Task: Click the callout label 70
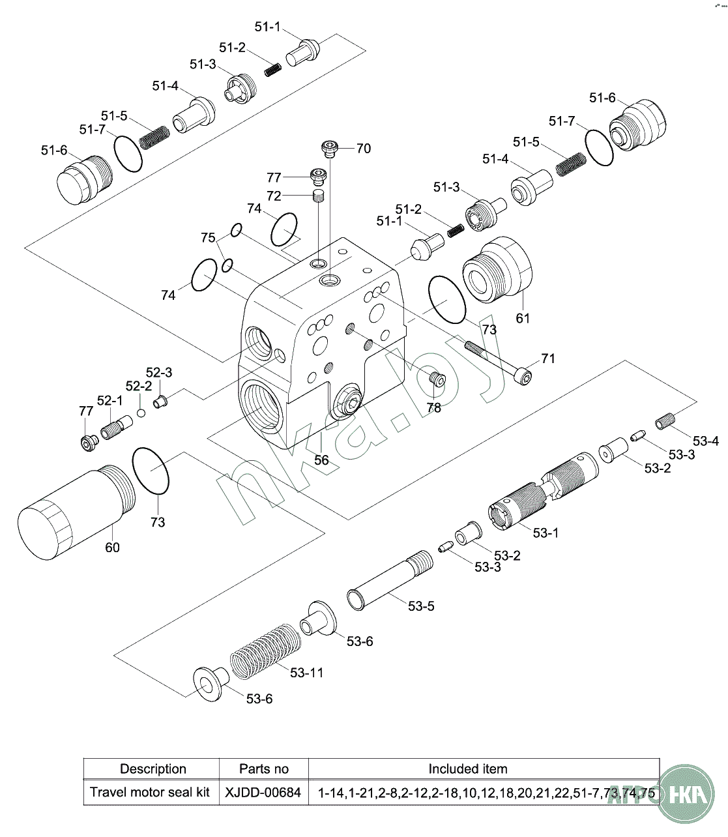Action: pos(363,149)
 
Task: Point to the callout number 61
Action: pos(523,318)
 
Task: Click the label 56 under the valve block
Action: pos(321,460)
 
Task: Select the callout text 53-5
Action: pos(421,606)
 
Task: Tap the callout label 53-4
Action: pos(706,441)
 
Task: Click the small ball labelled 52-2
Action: pos(141,413)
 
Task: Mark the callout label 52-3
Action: pos(158,372)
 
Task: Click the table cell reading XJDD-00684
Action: pos(263,793)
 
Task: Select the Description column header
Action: pos(153,769)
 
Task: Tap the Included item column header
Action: pos(467,769)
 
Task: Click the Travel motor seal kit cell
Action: pos(150,793)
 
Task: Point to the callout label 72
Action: pos(274,196)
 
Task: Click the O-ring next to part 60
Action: pos(151,471)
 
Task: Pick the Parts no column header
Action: pos(263,769)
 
